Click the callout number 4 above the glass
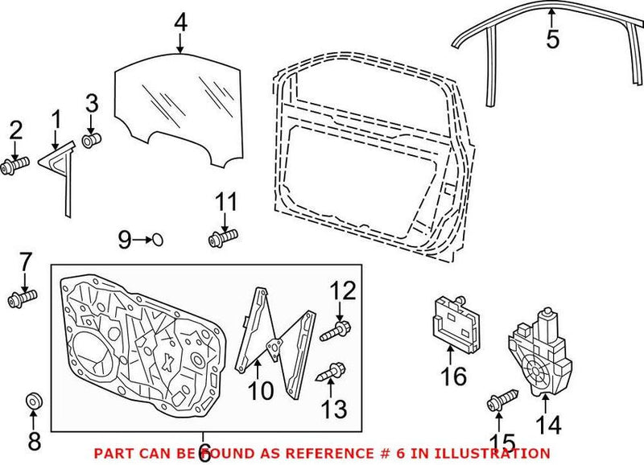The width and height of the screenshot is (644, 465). tap(180, 23)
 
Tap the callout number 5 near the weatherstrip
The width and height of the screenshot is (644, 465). tap(551, 39)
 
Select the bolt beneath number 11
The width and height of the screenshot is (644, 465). tap(223, 238)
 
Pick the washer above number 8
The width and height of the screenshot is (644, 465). tap(33, 399)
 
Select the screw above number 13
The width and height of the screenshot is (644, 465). tap(332, 372)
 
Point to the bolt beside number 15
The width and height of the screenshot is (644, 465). tap(499, 402)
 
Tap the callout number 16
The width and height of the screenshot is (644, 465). tap(454, 375)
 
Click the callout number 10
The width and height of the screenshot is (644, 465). tap(261, 391)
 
